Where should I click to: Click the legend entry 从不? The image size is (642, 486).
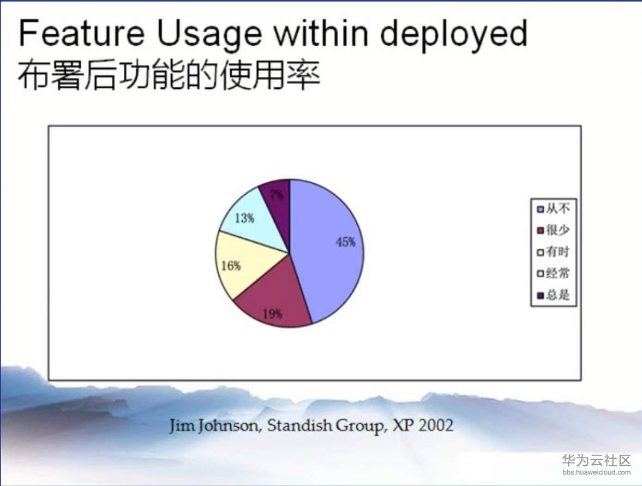pyautogui.click(x=553, y=209)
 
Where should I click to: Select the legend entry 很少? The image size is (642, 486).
pyautogui.click(x=553, y=230)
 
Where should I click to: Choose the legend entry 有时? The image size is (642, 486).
pyautogui.click(x=553, y=252)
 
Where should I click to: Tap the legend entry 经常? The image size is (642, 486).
pyautogui.click(x=553, y=273)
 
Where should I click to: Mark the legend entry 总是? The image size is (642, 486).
pyautogui.click(x=553, y=295)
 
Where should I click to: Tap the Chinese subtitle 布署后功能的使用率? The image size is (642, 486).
pyautogui.click(x=169, y=75)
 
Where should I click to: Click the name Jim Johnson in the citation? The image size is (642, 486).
pyautogui.click(x=214, y=426)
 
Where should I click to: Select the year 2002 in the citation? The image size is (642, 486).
pyautogui.click(x=436, y=425)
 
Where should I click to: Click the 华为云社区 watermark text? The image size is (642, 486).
pyautogui.click(x=596, y=460)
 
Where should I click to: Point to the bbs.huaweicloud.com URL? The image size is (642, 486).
pyautogui.click(x=597, y=472)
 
